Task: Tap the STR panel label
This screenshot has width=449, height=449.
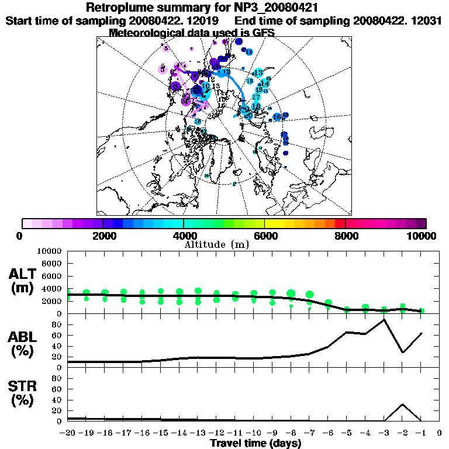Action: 24,393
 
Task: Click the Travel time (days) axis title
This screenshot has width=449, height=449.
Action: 255,444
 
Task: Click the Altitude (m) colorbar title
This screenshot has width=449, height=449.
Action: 217,245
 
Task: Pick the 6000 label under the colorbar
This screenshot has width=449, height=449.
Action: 265,236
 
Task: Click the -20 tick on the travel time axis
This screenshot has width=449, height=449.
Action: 68,433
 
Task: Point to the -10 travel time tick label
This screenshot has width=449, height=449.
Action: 253,433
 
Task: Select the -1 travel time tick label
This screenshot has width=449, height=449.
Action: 420,433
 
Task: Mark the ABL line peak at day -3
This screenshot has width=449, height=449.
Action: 384,319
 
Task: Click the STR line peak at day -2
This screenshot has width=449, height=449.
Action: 403,404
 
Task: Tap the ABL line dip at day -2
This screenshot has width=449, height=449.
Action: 403,352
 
